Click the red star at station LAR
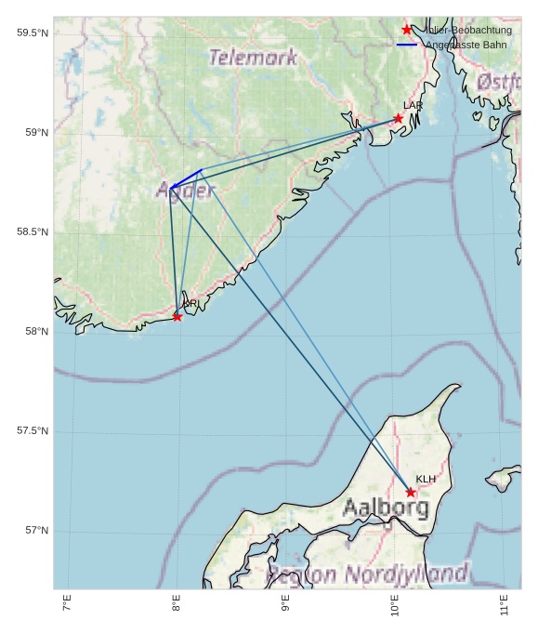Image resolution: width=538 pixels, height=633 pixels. coord(398,118)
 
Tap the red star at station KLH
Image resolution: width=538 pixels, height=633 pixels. coord(411,492)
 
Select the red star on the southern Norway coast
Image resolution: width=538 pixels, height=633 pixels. coord(177,317)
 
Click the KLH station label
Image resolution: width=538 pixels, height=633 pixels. coord(426,480)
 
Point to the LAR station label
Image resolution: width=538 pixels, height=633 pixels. coord(413,106)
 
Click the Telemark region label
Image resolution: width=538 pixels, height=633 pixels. coord(253,58)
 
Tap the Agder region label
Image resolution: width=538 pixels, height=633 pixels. coord(185,191)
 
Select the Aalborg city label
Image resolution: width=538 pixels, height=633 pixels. coord(386,508)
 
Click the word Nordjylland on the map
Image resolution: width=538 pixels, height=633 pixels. coord(405,574)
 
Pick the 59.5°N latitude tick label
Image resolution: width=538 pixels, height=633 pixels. coord(33,33)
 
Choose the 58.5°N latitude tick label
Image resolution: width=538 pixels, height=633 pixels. coord(33,232)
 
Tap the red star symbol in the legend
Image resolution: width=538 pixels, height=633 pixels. coord(407,30)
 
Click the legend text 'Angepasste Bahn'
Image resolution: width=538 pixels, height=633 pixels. coord(466,45)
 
